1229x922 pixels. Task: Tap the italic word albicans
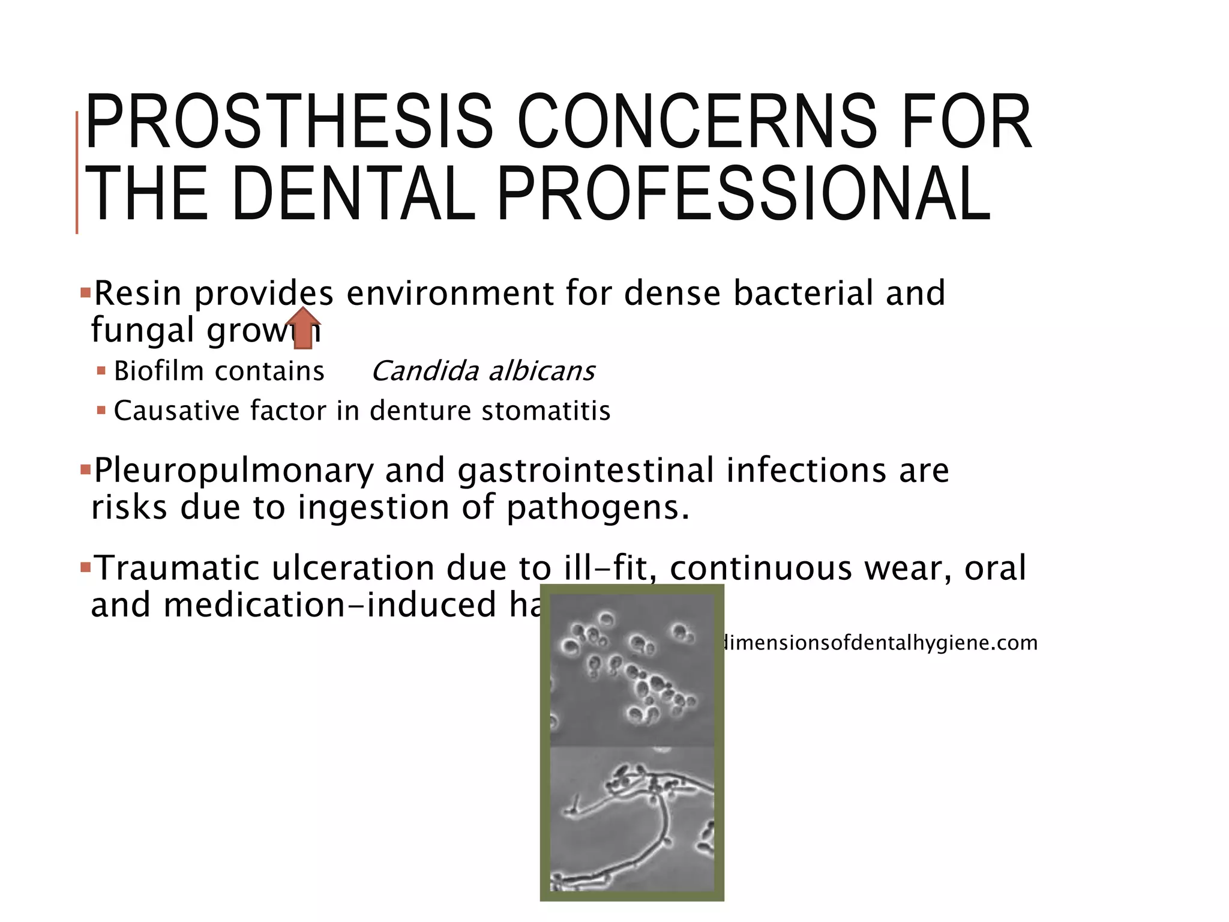pyautogui.click(x=542, y=371)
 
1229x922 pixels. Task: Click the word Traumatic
pyautogui.click(x=178, y=568)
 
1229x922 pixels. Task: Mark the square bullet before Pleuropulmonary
pyautogui.click(x=85, y=467)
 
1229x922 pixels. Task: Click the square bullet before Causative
pyautogui.click(x=101, y=411)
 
